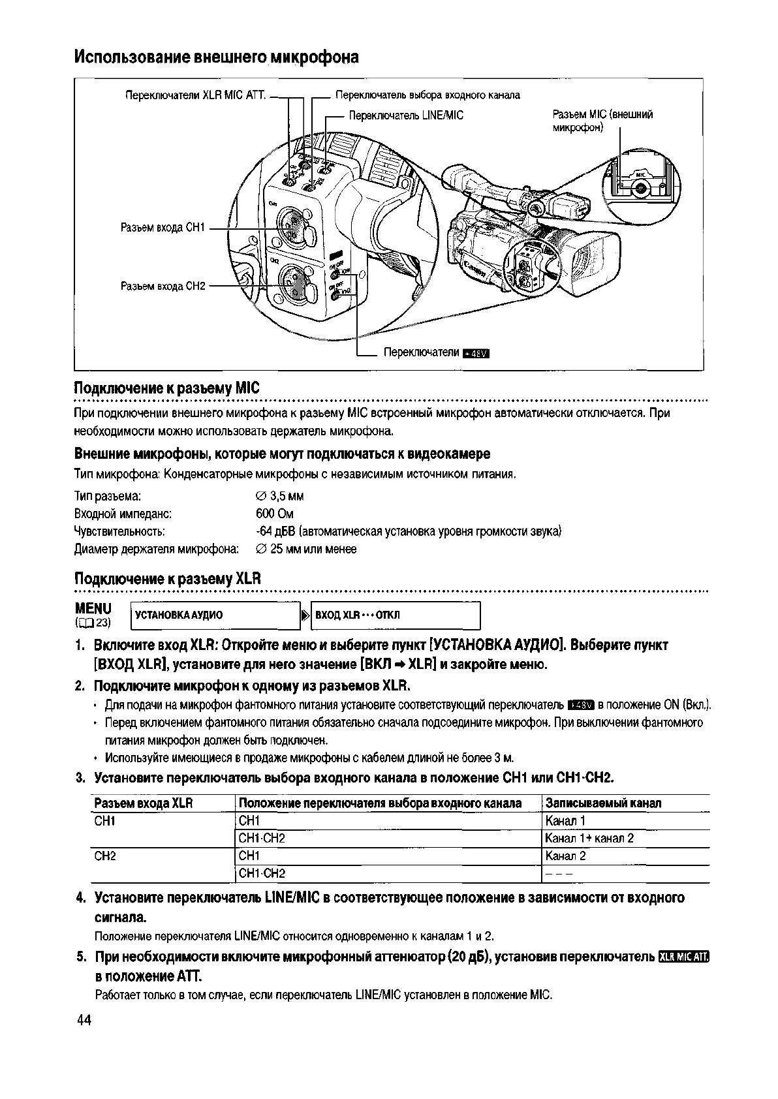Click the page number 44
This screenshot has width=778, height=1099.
[84, 1021]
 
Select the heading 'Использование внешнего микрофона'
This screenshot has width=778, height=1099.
[216, 57]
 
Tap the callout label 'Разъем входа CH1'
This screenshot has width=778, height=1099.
[163, 228]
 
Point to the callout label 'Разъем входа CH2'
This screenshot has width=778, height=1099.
[163, 286]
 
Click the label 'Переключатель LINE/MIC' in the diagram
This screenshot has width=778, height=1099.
[405, 116]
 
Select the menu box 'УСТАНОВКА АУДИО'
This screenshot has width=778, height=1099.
[214, 615]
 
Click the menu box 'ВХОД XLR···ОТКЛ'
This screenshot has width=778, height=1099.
[396, 615]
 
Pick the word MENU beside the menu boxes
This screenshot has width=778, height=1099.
[93, 608]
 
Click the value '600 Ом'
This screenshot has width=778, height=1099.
[275, 514]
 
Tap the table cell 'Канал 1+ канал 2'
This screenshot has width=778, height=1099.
[589, 839]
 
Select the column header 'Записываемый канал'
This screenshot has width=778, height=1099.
[603, 803]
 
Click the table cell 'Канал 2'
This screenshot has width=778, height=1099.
[565, 856]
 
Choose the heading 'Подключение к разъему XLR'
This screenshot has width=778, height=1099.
[167, 579]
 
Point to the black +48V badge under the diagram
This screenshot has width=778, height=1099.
[475, 354]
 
